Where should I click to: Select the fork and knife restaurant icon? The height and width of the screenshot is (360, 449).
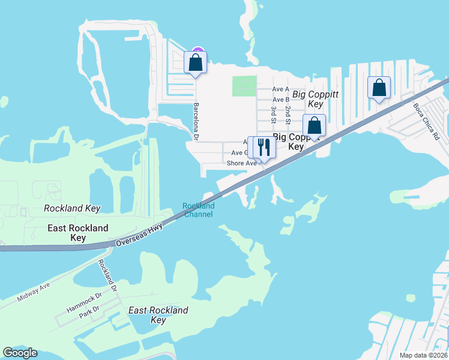tap(264, 146)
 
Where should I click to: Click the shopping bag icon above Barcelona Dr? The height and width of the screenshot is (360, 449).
tap(196, 62)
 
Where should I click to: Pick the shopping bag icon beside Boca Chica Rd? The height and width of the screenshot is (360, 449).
tap(379, 88)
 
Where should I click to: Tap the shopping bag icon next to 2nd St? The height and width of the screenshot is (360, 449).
tap(314, 125)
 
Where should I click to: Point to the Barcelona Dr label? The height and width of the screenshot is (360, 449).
tap(196, 121)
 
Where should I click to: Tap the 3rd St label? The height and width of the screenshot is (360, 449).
tap(273, 115)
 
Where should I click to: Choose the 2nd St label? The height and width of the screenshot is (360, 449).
tap(288, 115)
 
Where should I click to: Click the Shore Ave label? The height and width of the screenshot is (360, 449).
tap(241, 163)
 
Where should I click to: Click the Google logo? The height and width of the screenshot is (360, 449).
tap(20, 353)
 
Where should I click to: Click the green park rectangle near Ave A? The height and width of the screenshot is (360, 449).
tap(244, 86)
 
